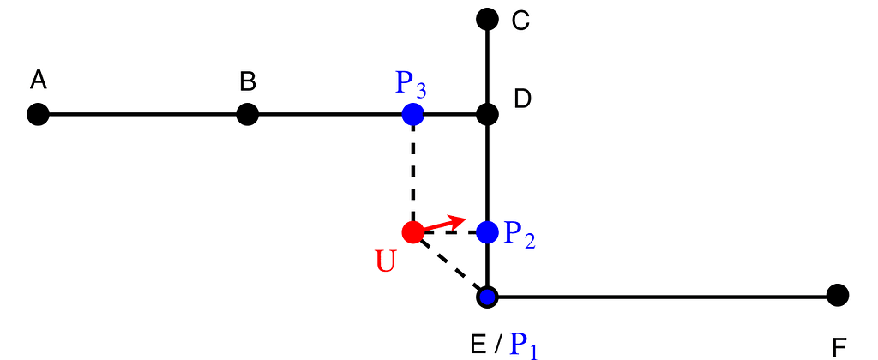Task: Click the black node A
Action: tap(38, 115)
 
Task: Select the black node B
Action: tap(247, 115)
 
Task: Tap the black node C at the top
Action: tap(487, 19)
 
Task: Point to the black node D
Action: tap(487, 115)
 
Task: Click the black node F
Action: tap(838, 295)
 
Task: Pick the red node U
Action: tap(413, 231)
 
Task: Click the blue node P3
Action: tap(413, 114)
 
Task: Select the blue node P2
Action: tap(487, 231)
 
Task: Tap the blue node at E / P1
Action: tap(487, 296)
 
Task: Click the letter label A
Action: tap(38, 80)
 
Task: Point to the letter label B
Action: tap(248, 81)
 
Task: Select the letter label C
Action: tap(520, 21)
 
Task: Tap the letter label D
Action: tap(522, 99)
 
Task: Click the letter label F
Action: tap(839, 349)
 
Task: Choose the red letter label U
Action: tap(385, 261)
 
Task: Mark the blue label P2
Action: tap(520, 234)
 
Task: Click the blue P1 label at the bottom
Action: tap(524, 346)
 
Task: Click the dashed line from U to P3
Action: tap(413, 173)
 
